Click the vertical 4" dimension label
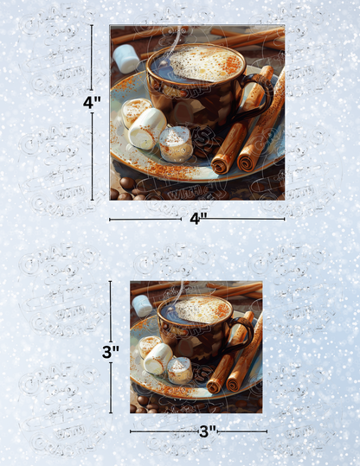[x=90, y=102]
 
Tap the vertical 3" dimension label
[x=110, y=352]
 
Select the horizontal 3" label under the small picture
[x=206, y=431]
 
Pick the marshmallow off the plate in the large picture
[x=126, y=59]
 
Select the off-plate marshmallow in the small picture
[x=142, y=305]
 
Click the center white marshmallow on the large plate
[x=147, y=129]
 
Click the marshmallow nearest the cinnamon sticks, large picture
[x=177, y=144]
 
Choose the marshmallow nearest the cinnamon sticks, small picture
[x=180, y=370]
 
